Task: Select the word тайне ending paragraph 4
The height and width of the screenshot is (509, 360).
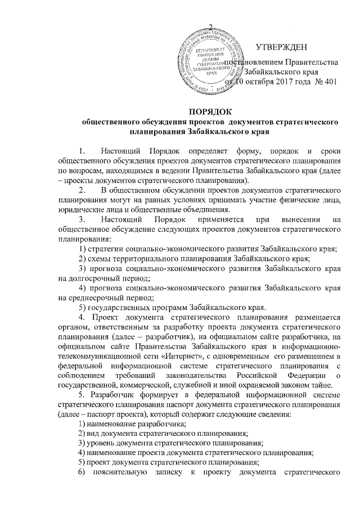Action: pyautogui.click(x=323, y=385)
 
